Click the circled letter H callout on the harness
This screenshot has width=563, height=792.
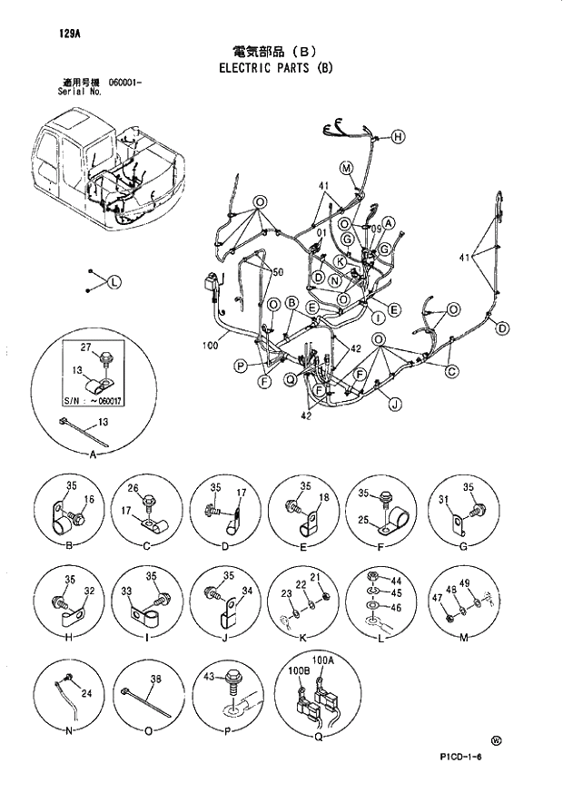[x=399, y=137]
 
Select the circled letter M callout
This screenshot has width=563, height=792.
[x=346, y=167]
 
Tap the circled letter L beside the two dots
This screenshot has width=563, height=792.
[x=114, y=282]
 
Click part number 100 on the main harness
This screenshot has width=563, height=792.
[x=210, y=345]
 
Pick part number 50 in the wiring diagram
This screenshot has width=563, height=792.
[x=278, y=272]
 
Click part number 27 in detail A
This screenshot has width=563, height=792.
[x=85, y=347]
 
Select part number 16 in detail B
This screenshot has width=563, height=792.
[x=89, y=500]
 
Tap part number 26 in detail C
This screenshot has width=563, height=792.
[x=132, y=491]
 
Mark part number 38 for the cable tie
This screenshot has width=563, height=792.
[x=155, y=679]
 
